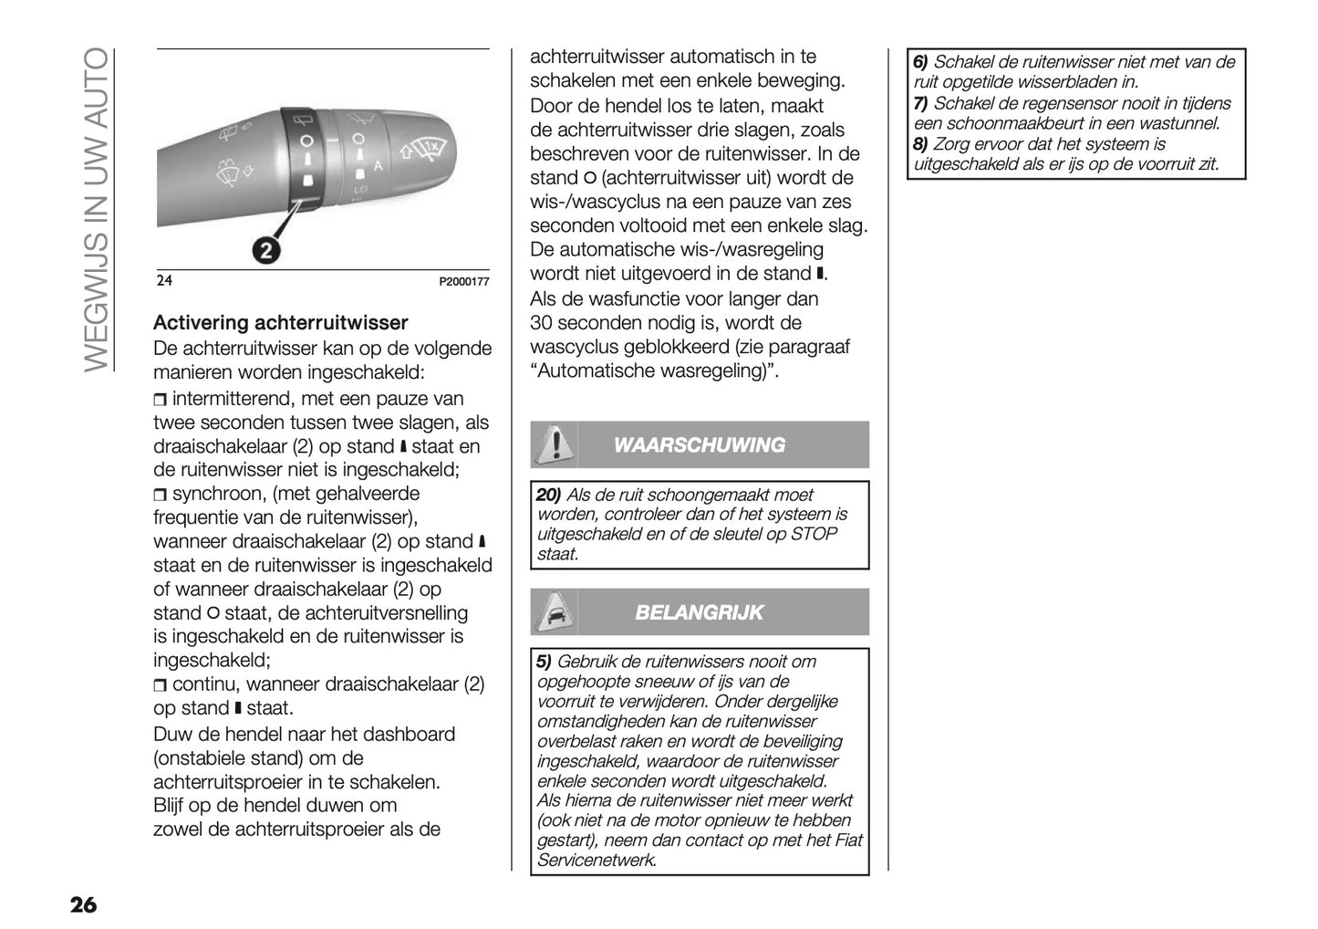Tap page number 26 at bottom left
pos(82,905)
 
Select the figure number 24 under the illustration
pos(164,281)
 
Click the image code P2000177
pos(464,282)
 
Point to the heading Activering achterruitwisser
pos(280,323)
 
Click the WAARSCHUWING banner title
pos(699,445)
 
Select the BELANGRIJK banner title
pos(699,612)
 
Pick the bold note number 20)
pos(548,495)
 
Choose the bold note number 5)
pos(544,662)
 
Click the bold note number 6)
pos(920,62)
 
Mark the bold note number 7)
pos(920,103)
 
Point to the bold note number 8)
pos(920,144)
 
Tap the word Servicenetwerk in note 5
pos(596,860)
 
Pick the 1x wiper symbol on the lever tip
pos(430,146)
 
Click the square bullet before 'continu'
pos(161,685)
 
